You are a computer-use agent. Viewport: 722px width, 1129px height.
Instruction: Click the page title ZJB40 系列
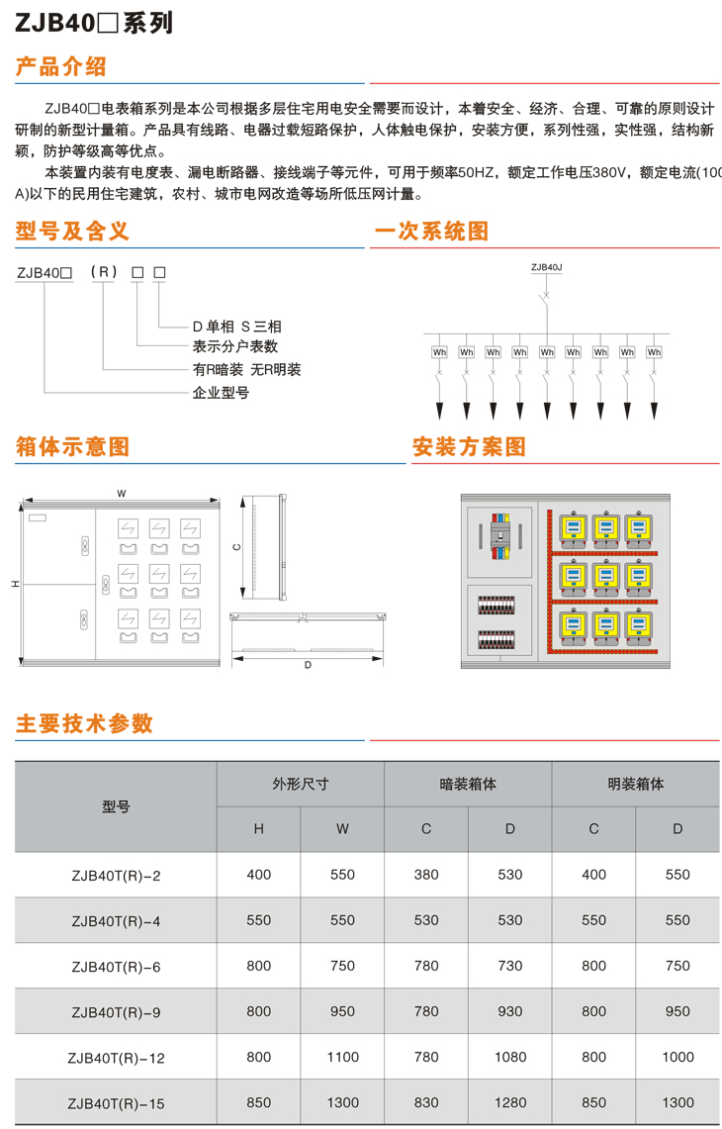click(x=94, y=22)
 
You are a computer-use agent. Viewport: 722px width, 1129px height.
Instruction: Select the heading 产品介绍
click(x=61, y=67)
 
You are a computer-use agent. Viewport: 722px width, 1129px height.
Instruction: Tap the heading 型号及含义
click(x=72, y=232)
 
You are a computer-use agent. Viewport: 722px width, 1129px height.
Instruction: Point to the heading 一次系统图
click(x=430, y=232)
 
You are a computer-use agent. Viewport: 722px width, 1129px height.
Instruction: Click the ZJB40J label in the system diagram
click(x=546, y=267)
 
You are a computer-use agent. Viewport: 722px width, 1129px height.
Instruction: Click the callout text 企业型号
click(x=221, y=393)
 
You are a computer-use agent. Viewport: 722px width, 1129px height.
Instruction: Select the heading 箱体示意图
click(x=72, y=446)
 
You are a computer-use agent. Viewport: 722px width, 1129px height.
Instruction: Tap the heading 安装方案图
click(x=469, y=446)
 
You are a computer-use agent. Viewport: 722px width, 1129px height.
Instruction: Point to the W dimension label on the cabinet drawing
click(x=121, y=492)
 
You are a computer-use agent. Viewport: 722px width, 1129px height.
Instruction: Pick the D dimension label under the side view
click(x=308, y=665)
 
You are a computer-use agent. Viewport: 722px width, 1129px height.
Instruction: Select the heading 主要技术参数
click(x=84, y=723)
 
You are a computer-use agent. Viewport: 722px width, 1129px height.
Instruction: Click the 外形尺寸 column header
click(x=301, y=784)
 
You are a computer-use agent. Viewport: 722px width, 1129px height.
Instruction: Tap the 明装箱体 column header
click(x=635, y=784)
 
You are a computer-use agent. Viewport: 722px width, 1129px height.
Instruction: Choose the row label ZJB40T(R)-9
click(x=116, y=1012)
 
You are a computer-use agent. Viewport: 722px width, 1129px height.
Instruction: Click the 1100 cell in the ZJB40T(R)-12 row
click(x=342, y=1057)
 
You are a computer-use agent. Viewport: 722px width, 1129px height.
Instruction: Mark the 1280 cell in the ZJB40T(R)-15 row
click(x=509, y=1102)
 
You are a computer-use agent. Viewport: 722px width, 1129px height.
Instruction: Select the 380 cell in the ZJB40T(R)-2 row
click(x=426, y=875)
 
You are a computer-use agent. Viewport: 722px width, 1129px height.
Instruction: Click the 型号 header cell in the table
click(x=116, y=806)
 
